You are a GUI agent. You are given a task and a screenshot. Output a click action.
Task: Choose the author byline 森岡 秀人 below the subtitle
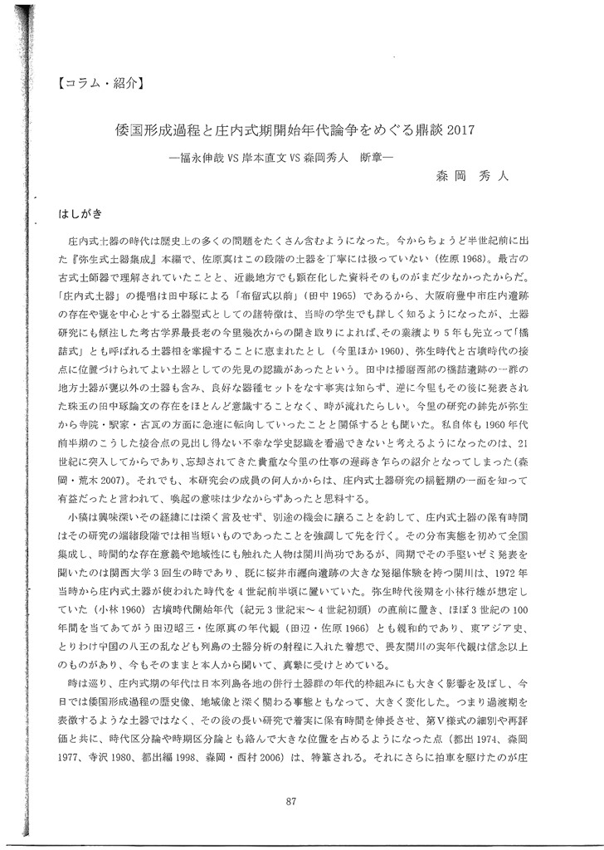[x=475, y=176]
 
